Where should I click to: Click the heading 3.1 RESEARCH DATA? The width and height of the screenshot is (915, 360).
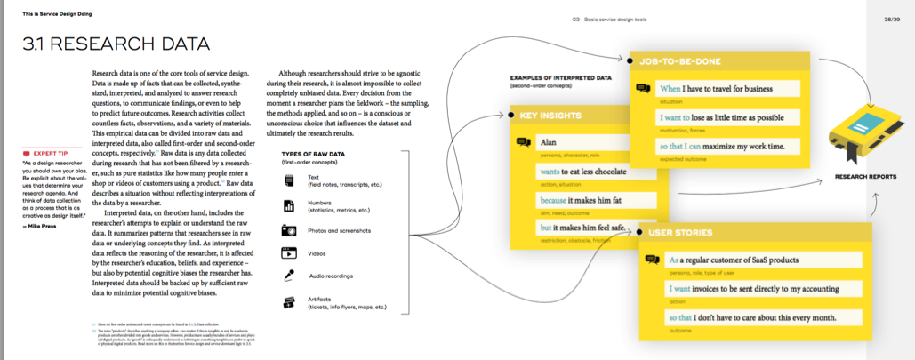(116, 44)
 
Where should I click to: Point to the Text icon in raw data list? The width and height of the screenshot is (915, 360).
(288, 180)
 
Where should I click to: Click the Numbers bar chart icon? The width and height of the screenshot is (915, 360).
(288, 205)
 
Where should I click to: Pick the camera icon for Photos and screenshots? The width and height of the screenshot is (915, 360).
(289, 230)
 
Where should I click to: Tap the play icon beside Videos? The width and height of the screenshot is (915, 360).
(289, 252)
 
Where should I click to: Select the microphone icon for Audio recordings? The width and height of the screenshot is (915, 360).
(289, 276)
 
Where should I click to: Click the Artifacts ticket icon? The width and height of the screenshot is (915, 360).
(289, 302)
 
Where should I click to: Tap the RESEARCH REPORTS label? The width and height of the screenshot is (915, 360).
(865, 176)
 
